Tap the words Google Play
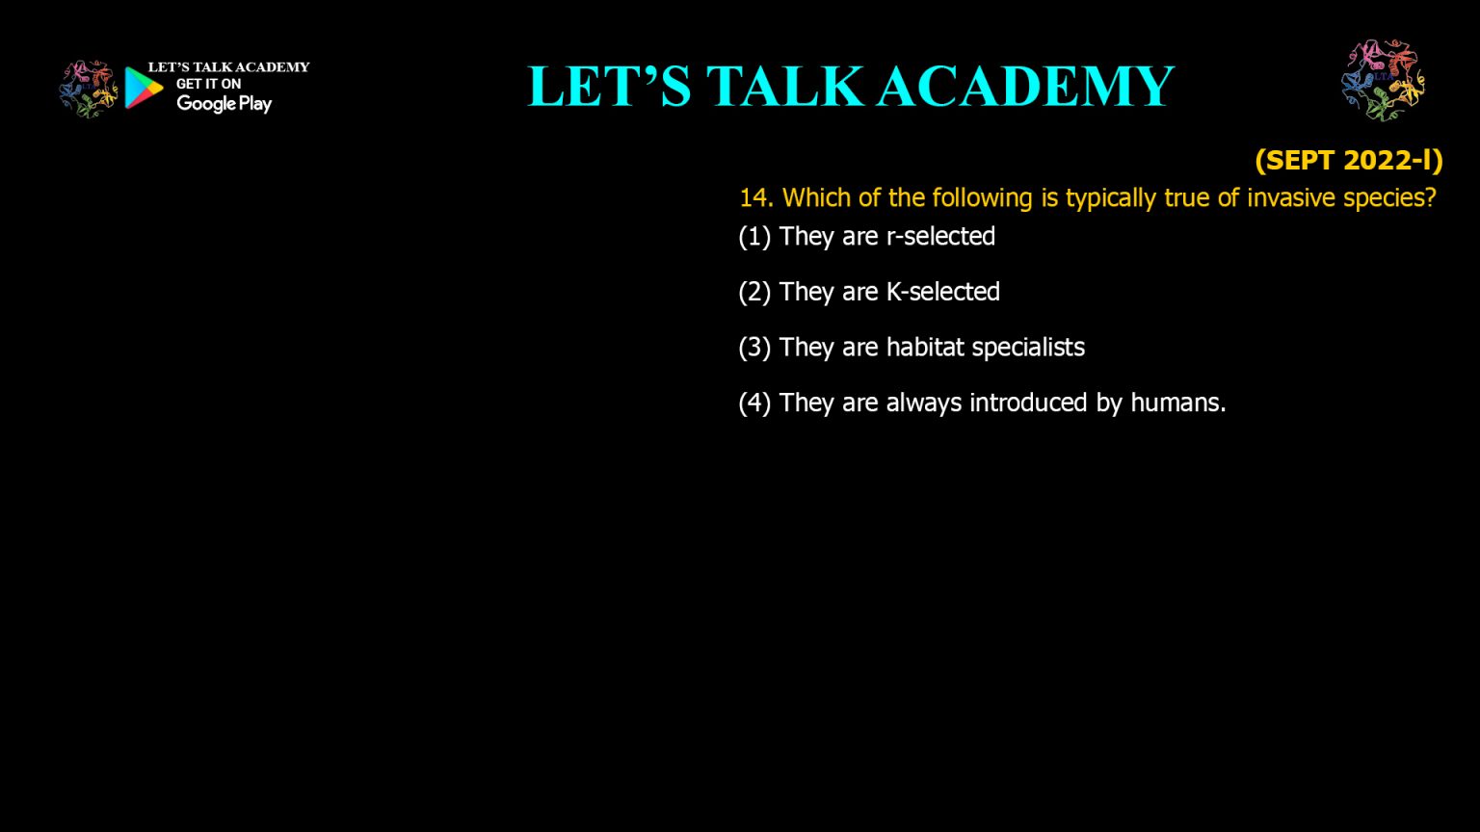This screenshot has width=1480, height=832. [x=224, y=104]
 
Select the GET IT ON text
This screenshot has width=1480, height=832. [x=208, y=84]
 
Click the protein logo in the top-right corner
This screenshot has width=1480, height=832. [x=1383, y=80]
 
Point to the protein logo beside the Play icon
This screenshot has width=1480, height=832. [x=88, y=90]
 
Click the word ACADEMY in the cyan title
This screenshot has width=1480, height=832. [x=1026, y=87]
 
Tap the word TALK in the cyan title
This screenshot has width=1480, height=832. [x=784, y=87]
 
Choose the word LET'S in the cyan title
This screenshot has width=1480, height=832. [x=609, y=87]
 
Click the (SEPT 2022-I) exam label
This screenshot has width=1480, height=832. [x=1349, y=161]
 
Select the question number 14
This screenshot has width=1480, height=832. [x=755, y=198]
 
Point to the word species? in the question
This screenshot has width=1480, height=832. [x=1389, y=198]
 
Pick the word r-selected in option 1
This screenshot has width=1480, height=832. [x=940, y=236]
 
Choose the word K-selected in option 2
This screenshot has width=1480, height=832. [x=943, y=292]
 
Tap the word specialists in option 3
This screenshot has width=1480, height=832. [x=1028, y=348]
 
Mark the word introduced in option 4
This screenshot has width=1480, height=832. [x=1028, y=403]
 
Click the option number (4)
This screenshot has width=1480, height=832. [x=754, y=403]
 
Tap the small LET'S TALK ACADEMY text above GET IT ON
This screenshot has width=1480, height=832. [x=228, y=67]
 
